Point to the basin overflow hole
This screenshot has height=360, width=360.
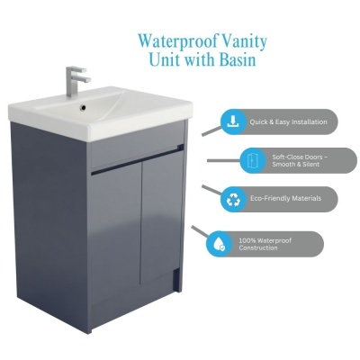84,107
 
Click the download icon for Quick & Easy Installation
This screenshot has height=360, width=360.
232,121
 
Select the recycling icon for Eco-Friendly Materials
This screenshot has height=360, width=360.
233,199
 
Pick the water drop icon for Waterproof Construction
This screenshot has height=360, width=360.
218,244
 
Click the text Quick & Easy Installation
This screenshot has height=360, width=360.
288,122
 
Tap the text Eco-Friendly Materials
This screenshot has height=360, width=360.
285,199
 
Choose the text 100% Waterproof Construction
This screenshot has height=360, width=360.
265,244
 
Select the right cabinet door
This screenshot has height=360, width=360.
161,217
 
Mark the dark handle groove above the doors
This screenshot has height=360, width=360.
137,160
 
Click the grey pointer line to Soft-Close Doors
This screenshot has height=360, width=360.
224,161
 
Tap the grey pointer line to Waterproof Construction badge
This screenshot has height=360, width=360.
200,232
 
